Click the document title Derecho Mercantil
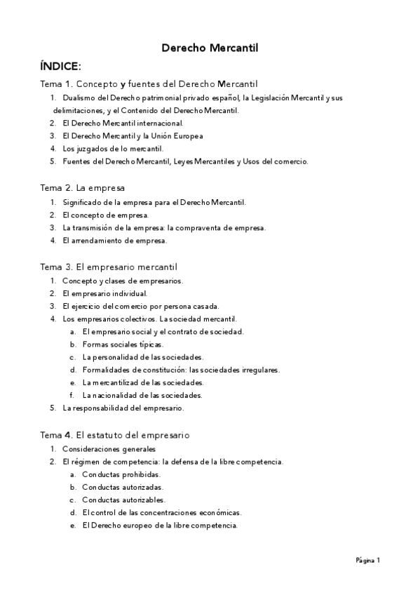(210, 48)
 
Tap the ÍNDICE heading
(61, 67)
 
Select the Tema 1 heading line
(149, 84)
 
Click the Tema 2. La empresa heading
(82, 188)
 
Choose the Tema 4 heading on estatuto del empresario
(114, 435)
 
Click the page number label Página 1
(367, 561)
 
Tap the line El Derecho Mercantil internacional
(123, 123)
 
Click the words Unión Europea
(182, 136)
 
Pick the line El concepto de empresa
(105, 215)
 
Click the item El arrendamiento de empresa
(115, 241)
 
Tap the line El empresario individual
(104, 293)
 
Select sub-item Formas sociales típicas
(123, 345)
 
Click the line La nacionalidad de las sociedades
(142, 395)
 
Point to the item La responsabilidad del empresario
(123, 408)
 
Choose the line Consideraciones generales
(109, 448)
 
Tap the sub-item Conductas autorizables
(123, 500)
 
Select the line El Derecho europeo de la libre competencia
(160, 526)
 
